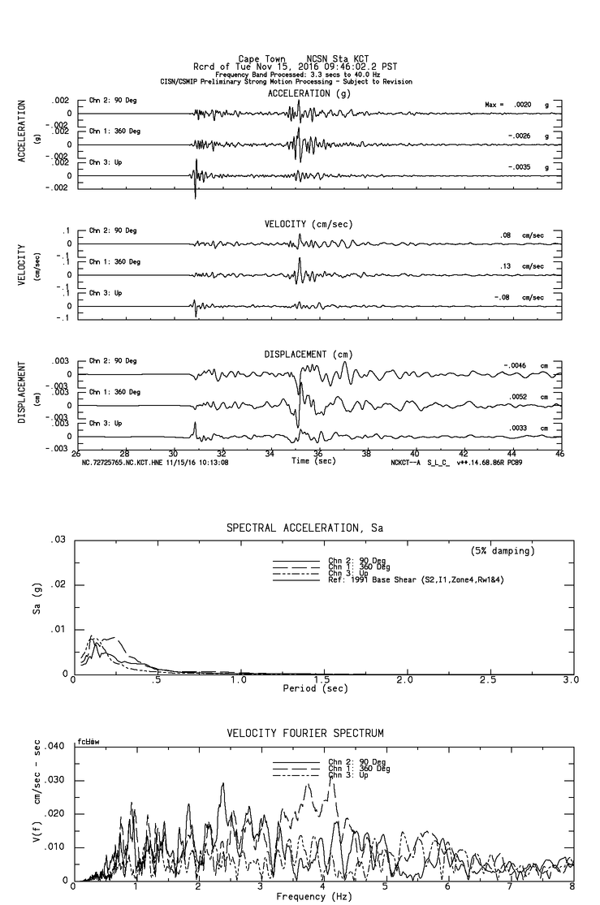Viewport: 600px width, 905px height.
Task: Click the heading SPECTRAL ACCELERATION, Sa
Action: coord(304,528)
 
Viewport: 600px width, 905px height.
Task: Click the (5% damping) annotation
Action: coord(503,551)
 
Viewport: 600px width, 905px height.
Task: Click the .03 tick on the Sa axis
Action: coord(58,540)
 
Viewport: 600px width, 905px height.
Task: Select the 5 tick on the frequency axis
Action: coord(386,888)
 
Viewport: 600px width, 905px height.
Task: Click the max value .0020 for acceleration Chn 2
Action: coord(520,105)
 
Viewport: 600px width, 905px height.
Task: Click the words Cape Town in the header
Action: coord(260,58)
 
